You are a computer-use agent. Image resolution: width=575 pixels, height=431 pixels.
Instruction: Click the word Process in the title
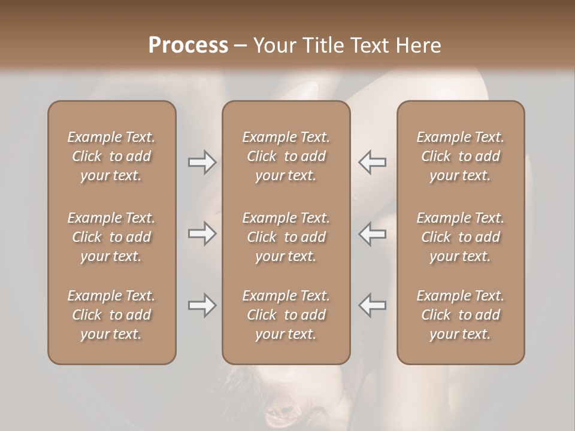pos(188,45)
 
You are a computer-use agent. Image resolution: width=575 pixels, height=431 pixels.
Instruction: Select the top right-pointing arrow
pos(202,162)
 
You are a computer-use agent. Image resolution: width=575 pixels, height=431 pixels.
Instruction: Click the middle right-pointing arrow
pos(202,233)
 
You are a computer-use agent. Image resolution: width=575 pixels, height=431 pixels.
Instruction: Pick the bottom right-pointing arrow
pos(202,305)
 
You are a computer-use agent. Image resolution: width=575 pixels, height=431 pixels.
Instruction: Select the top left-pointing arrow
pos(372,162)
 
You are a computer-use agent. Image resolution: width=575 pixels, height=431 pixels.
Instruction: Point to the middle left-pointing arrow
pos(372,233)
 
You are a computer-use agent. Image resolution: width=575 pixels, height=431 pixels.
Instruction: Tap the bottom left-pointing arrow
pos(372,305)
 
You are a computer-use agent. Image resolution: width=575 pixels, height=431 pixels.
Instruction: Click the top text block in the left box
pos(111,156)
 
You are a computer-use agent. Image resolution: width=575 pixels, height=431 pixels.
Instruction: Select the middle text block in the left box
pos(111,237)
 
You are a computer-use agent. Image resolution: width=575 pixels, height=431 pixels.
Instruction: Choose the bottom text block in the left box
pos(111,315)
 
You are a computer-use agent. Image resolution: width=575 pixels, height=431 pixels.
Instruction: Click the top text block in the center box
pos(286,156)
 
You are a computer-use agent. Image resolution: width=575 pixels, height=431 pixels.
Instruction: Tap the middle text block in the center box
pos(286,237)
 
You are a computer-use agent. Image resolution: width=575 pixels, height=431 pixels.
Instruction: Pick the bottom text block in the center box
pos(286,315)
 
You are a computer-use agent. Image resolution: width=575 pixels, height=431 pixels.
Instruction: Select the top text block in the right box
pos(460,156)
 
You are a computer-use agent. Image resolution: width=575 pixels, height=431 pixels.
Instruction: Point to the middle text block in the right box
pos(460,237)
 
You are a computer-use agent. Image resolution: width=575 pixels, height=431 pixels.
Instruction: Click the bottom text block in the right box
pos(460,315)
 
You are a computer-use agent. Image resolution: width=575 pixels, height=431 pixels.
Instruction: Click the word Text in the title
pos(367,45)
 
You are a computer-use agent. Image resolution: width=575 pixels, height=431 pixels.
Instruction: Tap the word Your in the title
pos(273,45)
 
